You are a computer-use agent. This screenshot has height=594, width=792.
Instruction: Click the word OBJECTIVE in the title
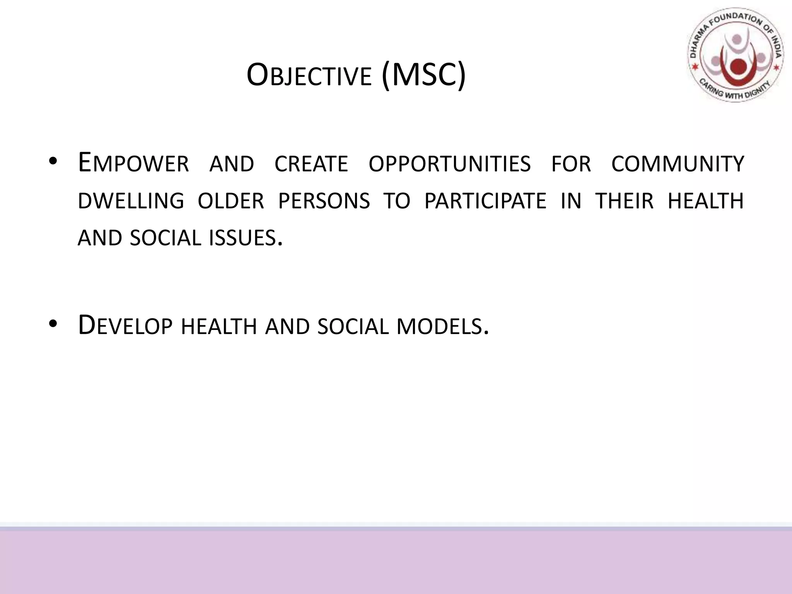[x=309, y=76]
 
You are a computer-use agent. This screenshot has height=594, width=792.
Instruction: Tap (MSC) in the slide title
[x=423, y=76]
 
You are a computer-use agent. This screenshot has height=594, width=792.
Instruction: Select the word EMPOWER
[x=133, y=163]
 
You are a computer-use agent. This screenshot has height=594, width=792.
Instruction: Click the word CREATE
[x=311, y=164]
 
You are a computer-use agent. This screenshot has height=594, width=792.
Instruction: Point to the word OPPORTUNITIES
[x=449, y=164]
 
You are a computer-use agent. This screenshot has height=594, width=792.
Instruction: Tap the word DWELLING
[x=131, y=201]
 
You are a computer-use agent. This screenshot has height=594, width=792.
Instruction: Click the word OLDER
[x=231, y=201]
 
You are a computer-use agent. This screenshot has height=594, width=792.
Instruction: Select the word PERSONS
[x=324, y=201]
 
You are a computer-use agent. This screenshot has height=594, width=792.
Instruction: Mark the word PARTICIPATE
[x=485, y=201]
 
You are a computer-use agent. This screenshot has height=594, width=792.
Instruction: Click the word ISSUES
[x=243, y=238]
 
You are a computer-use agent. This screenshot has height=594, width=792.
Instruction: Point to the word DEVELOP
[x=125, y=325]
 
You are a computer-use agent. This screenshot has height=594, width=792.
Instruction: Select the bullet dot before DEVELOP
[x=53, y=324]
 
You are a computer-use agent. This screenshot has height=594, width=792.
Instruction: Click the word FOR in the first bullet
[x=571, y=164]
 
